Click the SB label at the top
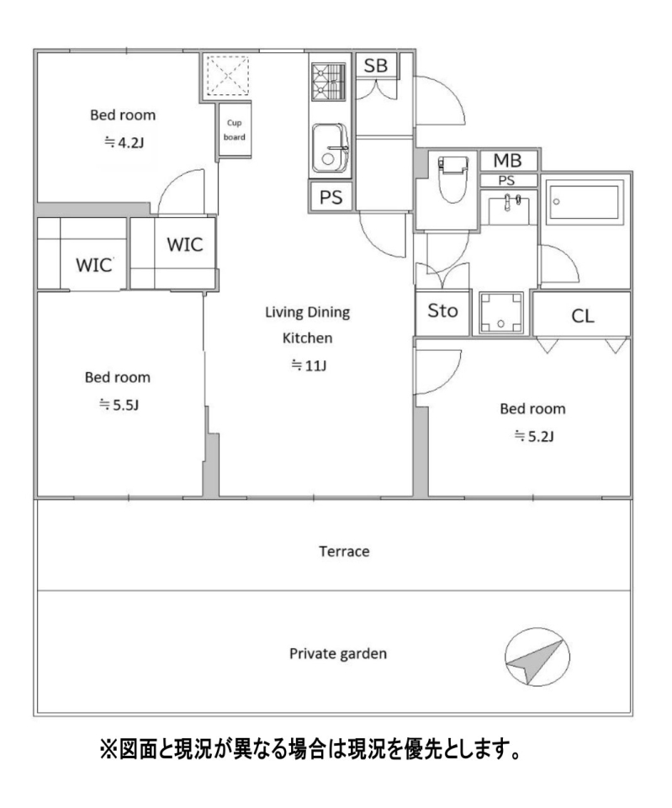tap(375, 66)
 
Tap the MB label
tap(508, 161)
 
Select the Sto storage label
tap(443, 311)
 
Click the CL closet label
tap(583, 316)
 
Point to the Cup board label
tap(235, 130)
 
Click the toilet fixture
tap(452, 178)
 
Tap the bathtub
tap(585, 202)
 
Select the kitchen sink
tap(330, 148)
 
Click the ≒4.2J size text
tap(124, 142)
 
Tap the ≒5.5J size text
tap(119, 405)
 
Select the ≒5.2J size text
tap(534, 437)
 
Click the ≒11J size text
tap(309, 365)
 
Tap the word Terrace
tap(344, 551)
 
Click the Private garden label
tap(338, 654)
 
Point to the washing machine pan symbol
tap(501, 313)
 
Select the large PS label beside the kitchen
tap(331, 197)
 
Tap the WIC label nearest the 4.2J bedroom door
tap(185, 244)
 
